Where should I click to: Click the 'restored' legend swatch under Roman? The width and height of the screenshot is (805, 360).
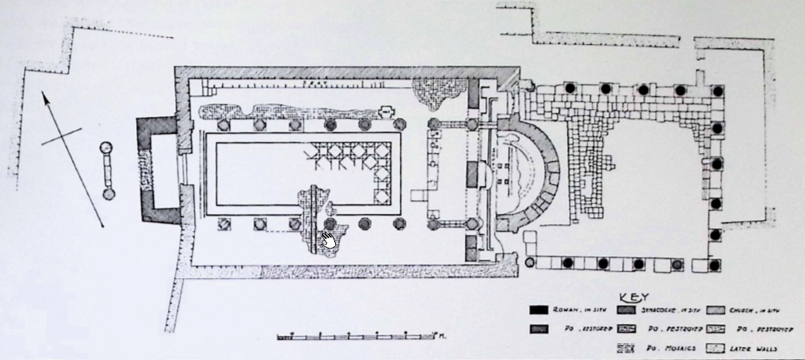coord(540,329)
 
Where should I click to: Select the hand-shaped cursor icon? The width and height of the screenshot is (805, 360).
coord(328,239)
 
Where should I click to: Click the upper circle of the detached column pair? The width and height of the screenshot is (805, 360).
coord(106,148)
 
